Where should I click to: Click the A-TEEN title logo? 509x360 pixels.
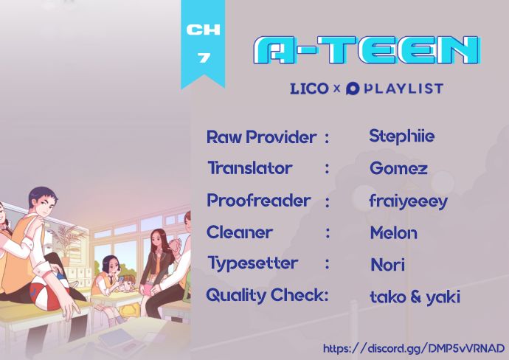pos(367,49)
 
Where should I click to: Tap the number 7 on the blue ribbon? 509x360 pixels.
pos(204,58)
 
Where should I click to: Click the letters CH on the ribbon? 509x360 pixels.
pos(203,30)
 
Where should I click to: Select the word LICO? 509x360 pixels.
pos(309,89)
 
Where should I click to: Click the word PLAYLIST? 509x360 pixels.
pos(404,89)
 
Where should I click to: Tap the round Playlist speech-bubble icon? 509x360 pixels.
pos(353,89)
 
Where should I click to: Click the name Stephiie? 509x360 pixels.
pos(401,136)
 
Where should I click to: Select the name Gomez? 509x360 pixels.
pos(398,168)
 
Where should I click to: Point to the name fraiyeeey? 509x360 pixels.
pos(409,201)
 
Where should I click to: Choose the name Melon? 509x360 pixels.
pos(393,233)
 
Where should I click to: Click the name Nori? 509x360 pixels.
pos(387,265)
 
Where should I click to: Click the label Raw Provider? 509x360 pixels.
pos(261,137)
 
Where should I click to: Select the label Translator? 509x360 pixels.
pos(250,168)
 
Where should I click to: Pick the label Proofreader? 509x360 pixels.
pos(259,201)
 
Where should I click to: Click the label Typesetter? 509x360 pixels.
pos(252,263)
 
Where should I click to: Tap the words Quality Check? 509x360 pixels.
pos(267,295)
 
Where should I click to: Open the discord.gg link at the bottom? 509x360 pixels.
pos(414,348)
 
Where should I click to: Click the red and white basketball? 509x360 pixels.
pos(49,293)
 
